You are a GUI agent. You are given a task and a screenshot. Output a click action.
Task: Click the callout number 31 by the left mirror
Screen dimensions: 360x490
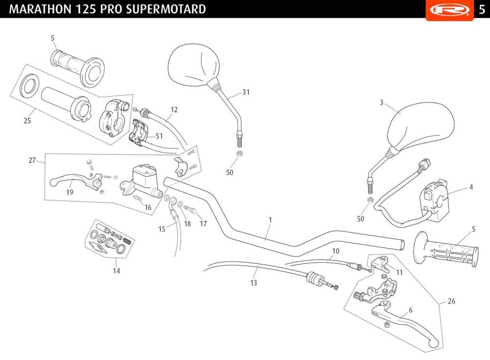[x=246, y=92]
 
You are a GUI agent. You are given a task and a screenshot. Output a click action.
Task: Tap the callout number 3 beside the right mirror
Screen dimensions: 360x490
[x=381, y=103]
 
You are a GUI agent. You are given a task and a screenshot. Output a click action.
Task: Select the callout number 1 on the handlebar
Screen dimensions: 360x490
[x=270, y=220]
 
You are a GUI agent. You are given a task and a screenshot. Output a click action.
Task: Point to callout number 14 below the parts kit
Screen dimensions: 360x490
[x=116, y=270]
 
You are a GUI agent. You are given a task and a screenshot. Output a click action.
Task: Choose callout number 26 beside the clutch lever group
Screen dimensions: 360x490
[x=451, y=301]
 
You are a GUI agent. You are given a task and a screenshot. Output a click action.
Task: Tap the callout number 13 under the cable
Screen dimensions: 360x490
[x=253, y=283]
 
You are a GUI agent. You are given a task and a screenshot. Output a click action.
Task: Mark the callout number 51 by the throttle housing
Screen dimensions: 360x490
[x=159, y=136]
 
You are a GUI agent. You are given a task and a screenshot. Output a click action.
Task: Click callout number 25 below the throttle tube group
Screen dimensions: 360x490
[x=27, y=121]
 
